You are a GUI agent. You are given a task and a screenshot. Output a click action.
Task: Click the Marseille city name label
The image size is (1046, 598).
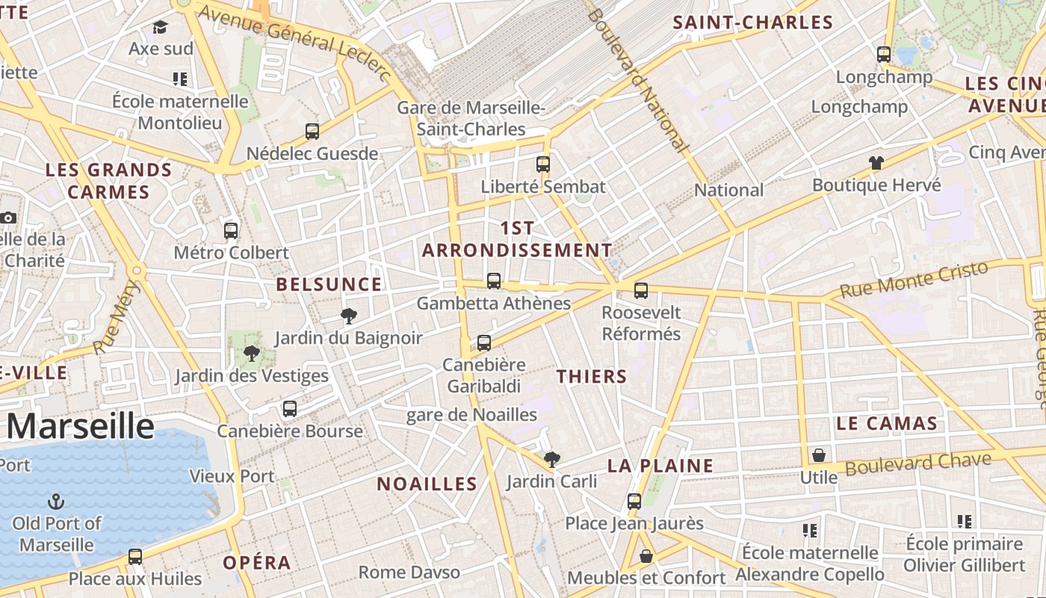pyautogui.click(x=81, y=426)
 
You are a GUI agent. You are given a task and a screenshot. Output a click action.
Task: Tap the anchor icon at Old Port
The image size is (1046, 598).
pyautogui.click(x=56, y=501)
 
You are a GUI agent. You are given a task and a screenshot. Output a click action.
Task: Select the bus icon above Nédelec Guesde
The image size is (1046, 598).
pyautogui.click(x=312, y=132)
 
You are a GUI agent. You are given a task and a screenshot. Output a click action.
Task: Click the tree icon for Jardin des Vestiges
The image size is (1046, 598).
pyautogui.click(x=252, y=353)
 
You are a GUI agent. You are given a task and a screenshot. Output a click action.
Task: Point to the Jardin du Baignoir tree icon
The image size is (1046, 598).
pyautogui.click(x=348, y=315)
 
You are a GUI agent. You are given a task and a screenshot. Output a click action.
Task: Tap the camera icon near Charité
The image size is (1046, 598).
pyautogui.click(x=8, y=218)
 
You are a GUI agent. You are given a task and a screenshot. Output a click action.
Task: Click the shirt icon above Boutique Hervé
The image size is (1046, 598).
pyautogui.click(x=876, y=162)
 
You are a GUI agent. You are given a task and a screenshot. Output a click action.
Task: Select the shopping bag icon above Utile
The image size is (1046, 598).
pyautogui.click(x=819, y=455)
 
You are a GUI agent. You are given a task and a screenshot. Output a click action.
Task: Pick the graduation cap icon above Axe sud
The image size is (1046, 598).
pyautogui.click(x=161, y=28)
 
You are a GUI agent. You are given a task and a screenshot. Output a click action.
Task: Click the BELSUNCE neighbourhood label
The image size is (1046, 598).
pyautogui.click(x=329, y=285)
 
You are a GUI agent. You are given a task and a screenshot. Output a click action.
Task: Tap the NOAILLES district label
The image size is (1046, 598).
pyautogui.click(x=427, y=484)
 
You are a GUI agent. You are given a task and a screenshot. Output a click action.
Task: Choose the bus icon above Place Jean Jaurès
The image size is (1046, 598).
pyautogui.click(x=634, y=501)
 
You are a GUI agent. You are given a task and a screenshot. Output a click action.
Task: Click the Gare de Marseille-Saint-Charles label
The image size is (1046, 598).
pyautogui.click(x=471, y=118)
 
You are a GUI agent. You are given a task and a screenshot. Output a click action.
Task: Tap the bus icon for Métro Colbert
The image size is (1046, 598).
pyautogui.click(x=231, y=230)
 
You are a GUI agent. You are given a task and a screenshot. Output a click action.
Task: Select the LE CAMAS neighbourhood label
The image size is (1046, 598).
pyautogui.click(x=887, y=424)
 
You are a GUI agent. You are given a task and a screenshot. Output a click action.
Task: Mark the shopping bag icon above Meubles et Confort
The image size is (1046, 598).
pyautogui.click(x=646, y=556)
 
